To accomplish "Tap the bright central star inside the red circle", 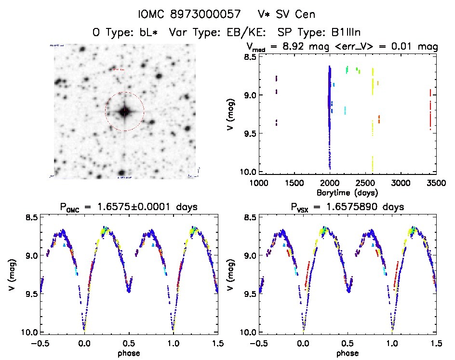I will tap(125, 111).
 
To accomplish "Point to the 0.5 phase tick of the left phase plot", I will tap(129, 343).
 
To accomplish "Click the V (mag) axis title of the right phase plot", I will tap(232, 275).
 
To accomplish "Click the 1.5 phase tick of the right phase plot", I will tap(436, 343).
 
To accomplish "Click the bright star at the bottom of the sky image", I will tap(122, 173).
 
